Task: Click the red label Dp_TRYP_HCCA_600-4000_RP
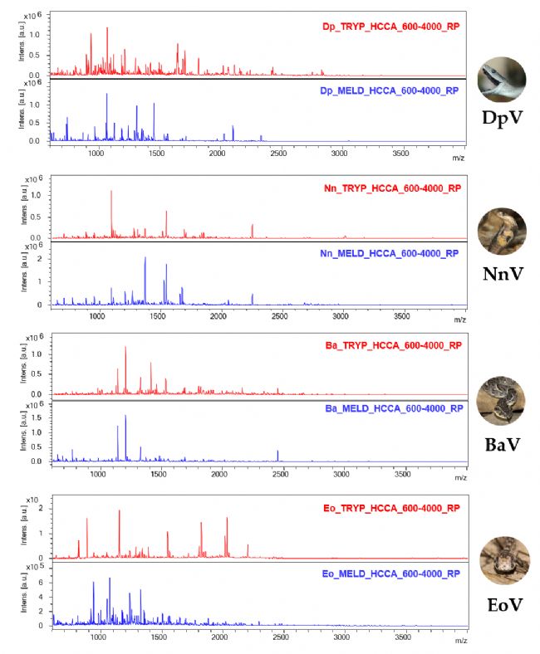tap(390, 27)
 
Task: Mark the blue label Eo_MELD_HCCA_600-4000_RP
tap(391, 573)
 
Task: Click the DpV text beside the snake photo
tap(503, 117)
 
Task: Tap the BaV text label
tap(503, 445)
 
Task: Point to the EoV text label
tap(503, 603)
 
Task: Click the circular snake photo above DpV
tap(502, 79)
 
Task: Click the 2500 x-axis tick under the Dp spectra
tap(278, 154)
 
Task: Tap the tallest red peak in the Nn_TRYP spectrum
tap(111, 193)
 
